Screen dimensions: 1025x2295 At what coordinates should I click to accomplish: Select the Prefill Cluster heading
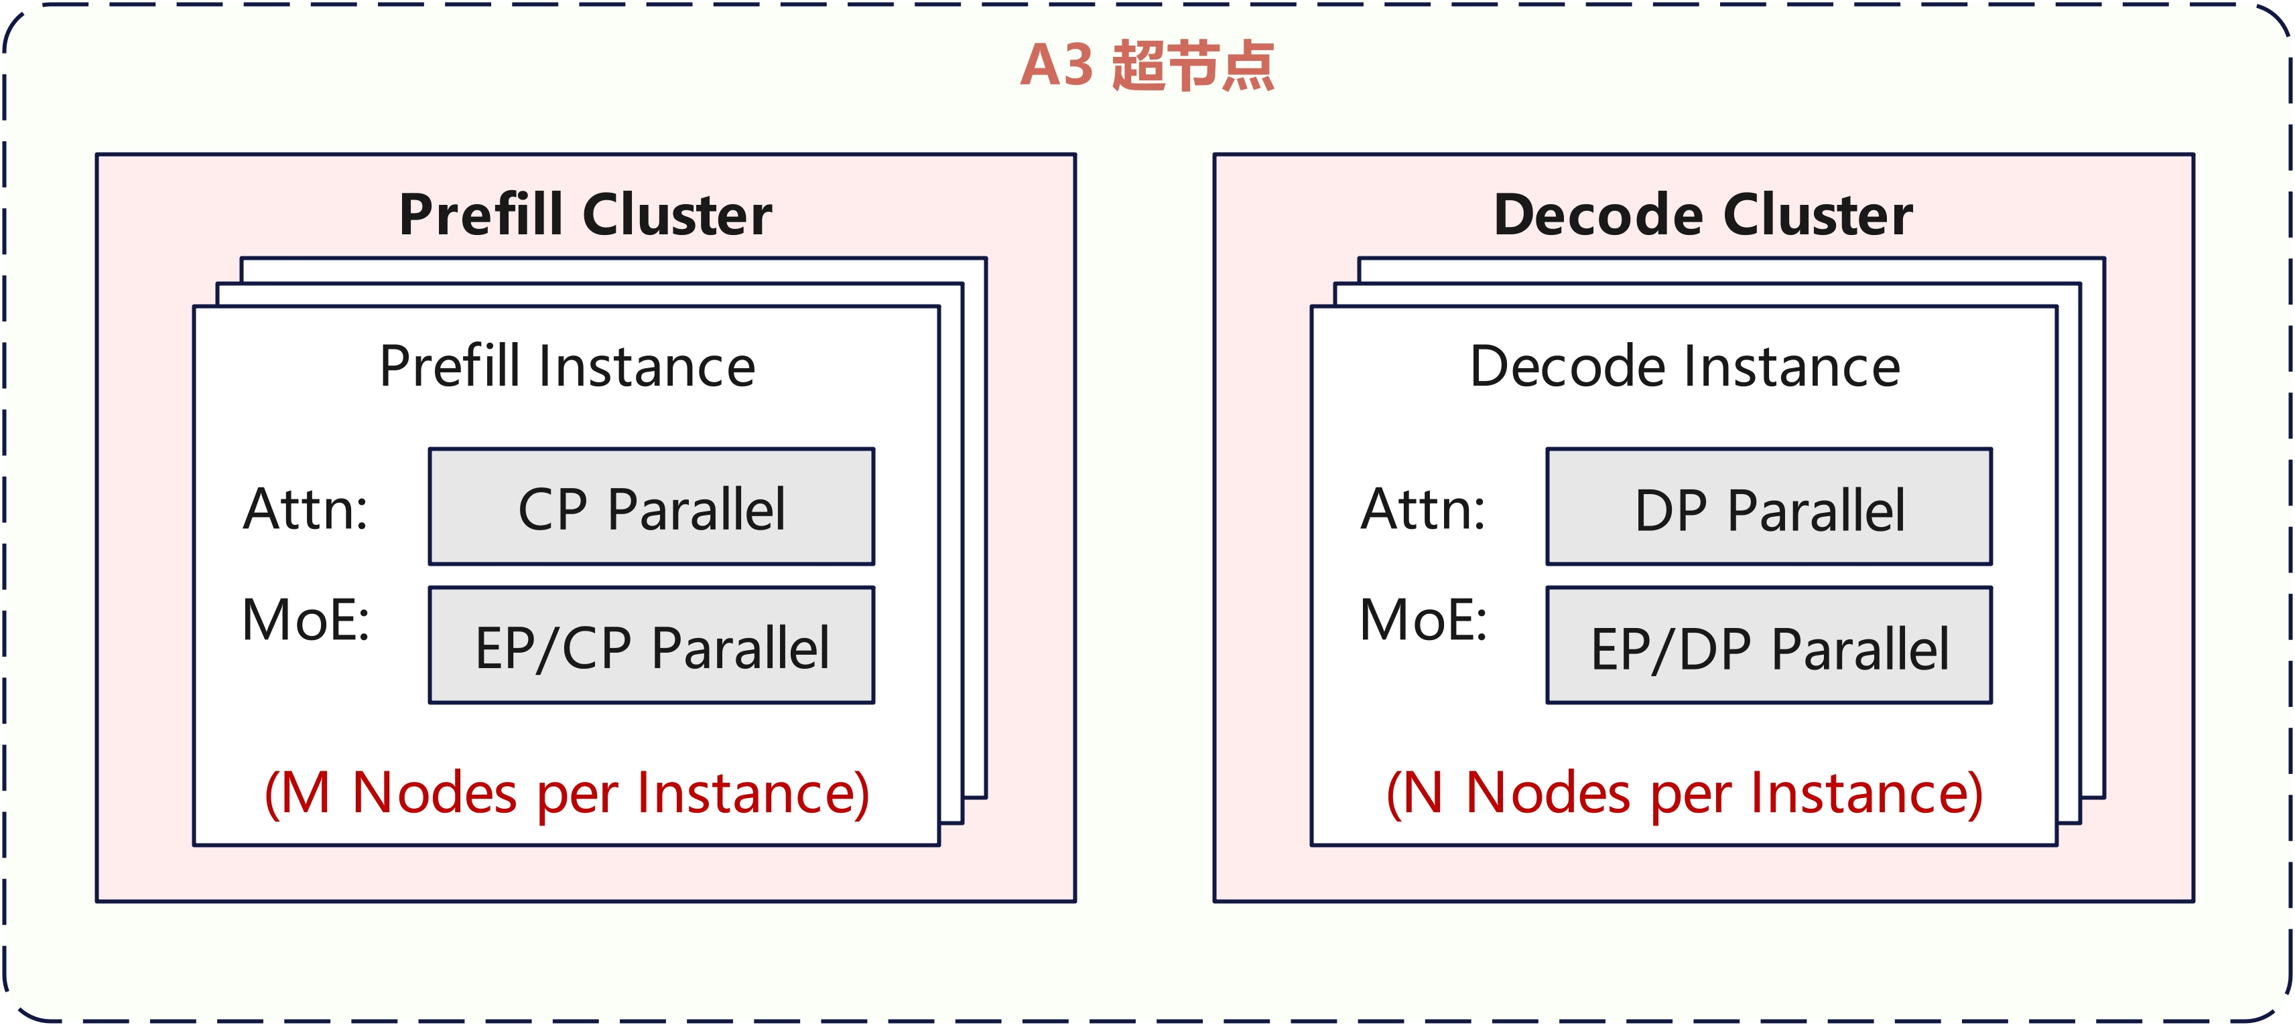[586, 215]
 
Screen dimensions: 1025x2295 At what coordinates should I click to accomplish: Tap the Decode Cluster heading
[1703, 215]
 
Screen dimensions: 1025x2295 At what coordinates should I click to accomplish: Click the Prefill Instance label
[568, 366]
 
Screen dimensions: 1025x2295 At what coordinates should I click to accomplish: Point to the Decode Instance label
[1685, 366]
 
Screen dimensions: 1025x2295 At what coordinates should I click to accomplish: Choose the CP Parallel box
[651, 507]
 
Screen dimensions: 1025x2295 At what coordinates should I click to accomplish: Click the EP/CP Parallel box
[651, 645]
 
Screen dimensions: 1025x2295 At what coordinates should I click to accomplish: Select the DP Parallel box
[1768, 507]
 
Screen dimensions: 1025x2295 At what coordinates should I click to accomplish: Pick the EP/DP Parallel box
[1768, 645]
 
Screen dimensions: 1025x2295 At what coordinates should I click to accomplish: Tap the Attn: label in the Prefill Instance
[306, 509]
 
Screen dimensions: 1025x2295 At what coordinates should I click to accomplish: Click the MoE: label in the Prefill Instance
[306, 620]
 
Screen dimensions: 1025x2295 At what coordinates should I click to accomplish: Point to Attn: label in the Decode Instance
[1423, 509]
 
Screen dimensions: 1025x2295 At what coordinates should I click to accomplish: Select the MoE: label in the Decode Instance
[1423, 620]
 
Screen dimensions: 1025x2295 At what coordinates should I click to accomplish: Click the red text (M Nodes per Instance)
[567, 793]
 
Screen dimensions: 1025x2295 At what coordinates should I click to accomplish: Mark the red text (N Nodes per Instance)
[1684, 793]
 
